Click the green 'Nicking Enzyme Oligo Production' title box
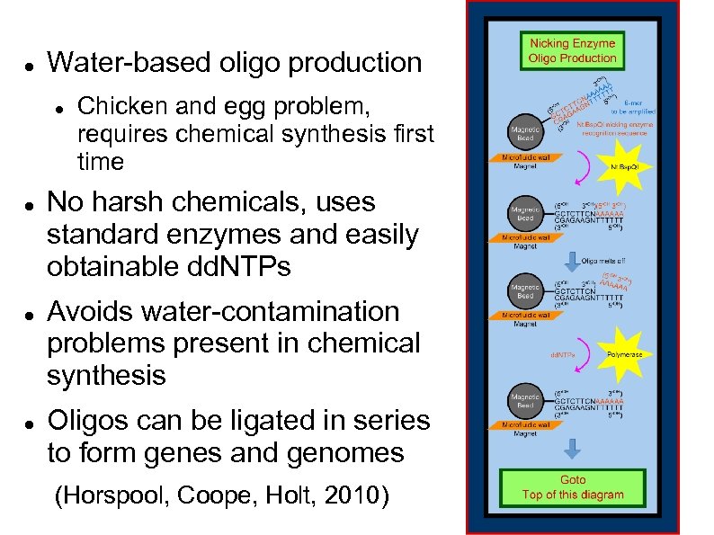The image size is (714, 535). pyautogui.click(x=572, y=50)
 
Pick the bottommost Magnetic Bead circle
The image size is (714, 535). pyautogui.click(x=525, y=402)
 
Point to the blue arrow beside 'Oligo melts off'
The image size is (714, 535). pyautogui.click(x=569, y=262)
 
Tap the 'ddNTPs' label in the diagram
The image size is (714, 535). pyautogui.click(x=563, y=355)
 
